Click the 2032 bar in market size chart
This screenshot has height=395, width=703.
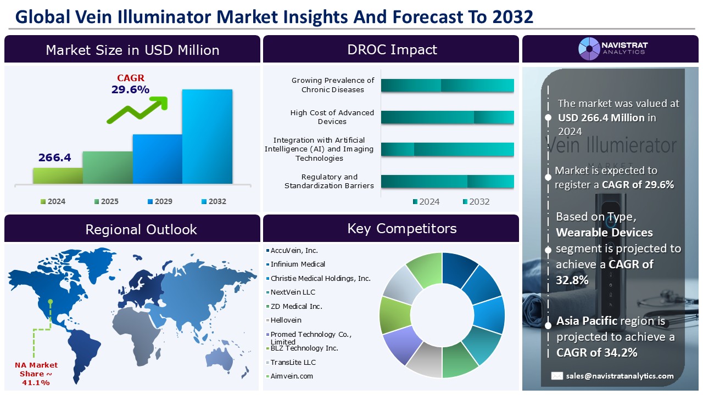point(207,137)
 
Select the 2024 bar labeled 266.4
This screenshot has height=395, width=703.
point(58,176)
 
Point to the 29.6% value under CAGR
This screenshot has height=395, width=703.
point(130,89)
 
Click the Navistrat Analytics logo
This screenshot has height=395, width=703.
point(612,49)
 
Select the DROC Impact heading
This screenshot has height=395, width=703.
point(392,49)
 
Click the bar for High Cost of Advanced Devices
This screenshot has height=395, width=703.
point(447,117)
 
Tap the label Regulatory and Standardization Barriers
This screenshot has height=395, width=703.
point(329,181)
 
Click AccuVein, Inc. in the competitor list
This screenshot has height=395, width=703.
point(294,250)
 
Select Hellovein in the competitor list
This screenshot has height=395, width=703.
point(286,320)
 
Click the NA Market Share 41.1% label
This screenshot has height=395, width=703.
point(36,374)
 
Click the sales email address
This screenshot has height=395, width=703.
point(620,376)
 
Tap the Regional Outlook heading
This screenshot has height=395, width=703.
point(141,229)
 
